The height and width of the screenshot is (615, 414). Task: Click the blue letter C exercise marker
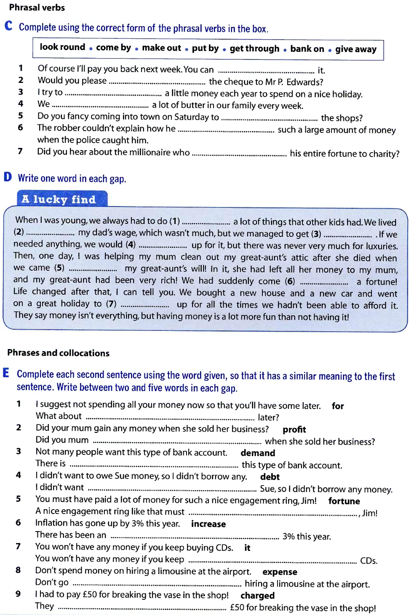click(8, 26)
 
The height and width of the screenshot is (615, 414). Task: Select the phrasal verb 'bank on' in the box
click(307, 49)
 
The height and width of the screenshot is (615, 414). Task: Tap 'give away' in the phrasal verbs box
click(355, 49)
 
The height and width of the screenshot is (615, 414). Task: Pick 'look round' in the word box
click(62, 47)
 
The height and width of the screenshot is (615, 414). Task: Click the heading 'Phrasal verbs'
click(37, 8)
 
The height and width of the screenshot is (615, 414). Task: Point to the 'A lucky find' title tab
click(59, 199)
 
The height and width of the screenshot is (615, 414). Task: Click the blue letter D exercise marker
click(8, 177)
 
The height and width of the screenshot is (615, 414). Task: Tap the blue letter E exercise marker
click(6, 373)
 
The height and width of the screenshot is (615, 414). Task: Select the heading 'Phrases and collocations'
click(58, 353)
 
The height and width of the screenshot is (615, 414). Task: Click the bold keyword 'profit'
click(294, 430)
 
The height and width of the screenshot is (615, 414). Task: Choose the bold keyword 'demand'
click(258, 453)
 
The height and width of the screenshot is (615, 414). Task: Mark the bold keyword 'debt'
click(270, 477)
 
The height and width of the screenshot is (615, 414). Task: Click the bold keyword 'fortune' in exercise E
click(344, 501)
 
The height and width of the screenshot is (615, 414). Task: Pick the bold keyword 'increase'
click(208, 524)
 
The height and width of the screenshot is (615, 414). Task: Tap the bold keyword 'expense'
click(280, 572)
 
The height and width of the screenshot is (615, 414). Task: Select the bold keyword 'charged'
click(257, 596)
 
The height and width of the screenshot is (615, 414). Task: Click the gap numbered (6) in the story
click(324, 282)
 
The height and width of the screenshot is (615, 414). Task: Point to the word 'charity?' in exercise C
click(384, 154)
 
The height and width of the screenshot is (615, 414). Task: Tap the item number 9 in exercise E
click(18, 594)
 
